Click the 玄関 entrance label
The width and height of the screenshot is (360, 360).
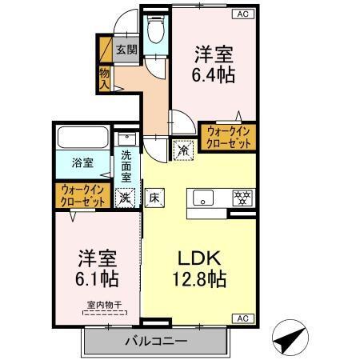click(126, 49)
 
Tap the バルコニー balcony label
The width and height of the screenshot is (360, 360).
click(155, 341)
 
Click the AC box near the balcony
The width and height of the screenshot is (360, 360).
click(240, 318)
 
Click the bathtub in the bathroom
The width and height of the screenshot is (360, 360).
click(83, 138)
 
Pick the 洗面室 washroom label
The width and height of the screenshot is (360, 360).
click(126, 166)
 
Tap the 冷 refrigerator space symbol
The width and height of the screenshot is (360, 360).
click(183, 149)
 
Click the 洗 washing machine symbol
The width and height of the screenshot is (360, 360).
click(126, 197)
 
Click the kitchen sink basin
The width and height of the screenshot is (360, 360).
click(201, 197)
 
